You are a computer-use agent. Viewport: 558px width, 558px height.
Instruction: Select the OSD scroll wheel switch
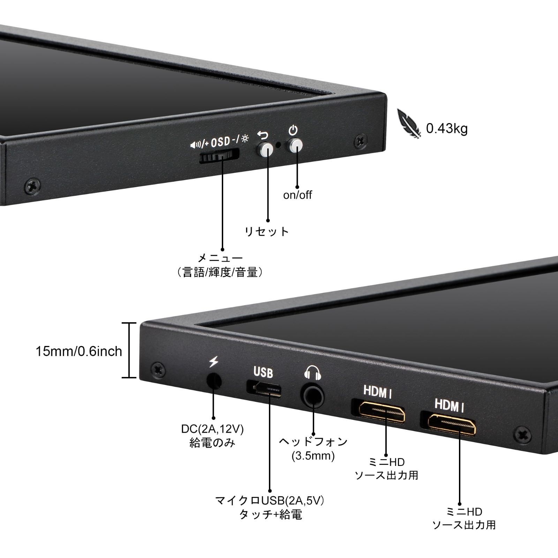(x=219, y=156)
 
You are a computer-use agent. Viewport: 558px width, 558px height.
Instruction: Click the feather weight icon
(x=409, y=124)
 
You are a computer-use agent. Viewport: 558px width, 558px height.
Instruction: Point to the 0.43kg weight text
(x=446, y=129)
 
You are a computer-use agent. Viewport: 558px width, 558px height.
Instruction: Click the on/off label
(x=297, y=195)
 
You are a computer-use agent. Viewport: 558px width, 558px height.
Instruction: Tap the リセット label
(x=267, y=231)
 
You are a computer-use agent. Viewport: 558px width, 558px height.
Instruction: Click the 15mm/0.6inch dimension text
(x=79, y=351)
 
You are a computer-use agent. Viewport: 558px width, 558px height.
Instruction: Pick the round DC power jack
(x=214, y=381)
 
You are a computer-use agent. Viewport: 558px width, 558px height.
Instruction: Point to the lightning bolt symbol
(x=213, y=361)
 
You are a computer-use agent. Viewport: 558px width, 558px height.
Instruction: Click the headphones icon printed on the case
(x=312, y=372)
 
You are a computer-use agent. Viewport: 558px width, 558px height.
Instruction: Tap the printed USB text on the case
(x=263, y=372)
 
